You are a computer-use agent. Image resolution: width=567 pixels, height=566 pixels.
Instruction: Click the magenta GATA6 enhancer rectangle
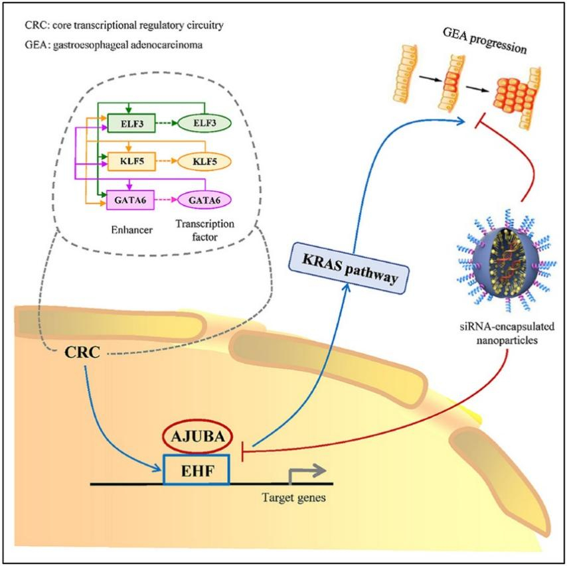pyautogui.click(x=130, y=199)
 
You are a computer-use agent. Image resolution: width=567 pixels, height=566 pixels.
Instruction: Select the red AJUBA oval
pyautogui.click(x=197, y=437)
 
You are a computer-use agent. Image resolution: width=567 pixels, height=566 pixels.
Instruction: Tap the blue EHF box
pyautogui.click(x=197, y=469)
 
